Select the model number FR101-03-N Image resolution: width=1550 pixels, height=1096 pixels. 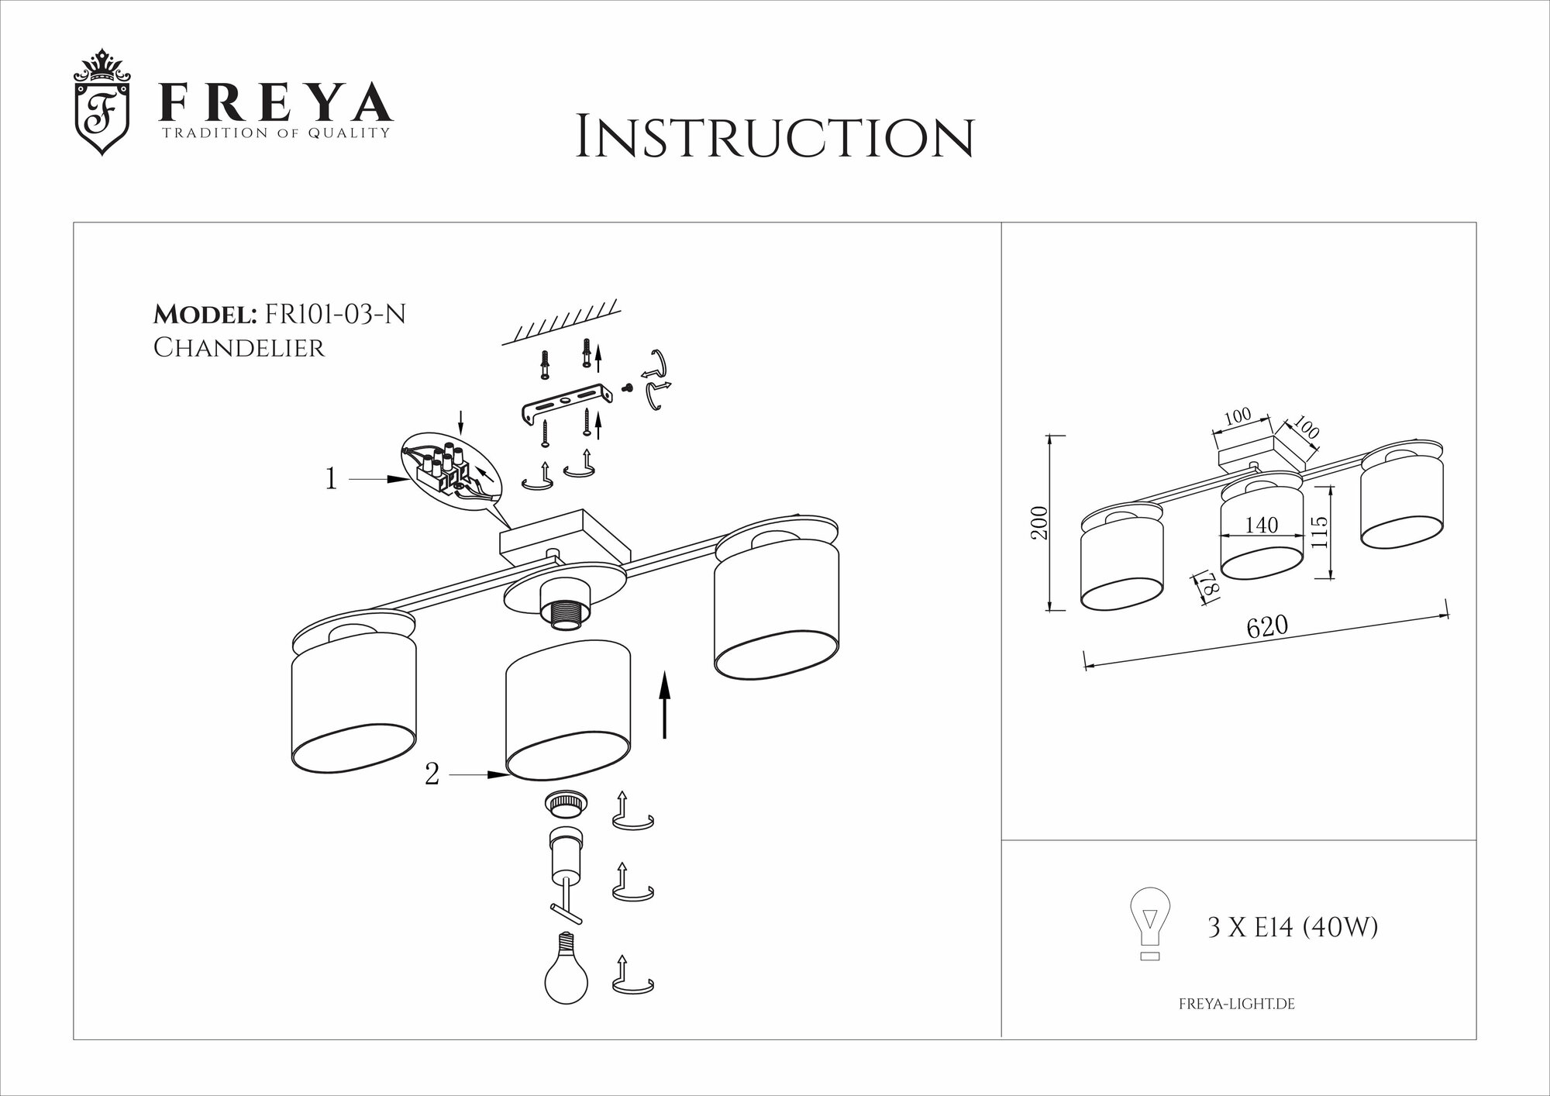[335, 315]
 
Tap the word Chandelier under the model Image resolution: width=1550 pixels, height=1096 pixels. [239, 348]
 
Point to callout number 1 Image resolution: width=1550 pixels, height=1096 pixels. [331, 480]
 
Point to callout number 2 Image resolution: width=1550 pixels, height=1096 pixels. [432, 774]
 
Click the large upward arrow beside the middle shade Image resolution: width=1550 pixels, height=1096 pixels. [665, 705]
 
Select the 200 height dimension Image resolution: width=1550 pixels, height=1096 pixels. [1040, 522]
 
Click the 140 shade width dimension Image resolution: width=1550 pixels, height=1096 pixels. [1261, 526]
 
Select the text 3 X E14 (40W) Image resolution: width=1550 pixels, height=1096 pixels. [1292, 927]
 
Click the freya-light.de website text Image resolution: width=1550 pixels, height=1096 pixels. [1236, 1005]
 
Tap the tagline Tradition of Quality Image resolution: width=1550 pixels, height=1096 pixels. [274, 133]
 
